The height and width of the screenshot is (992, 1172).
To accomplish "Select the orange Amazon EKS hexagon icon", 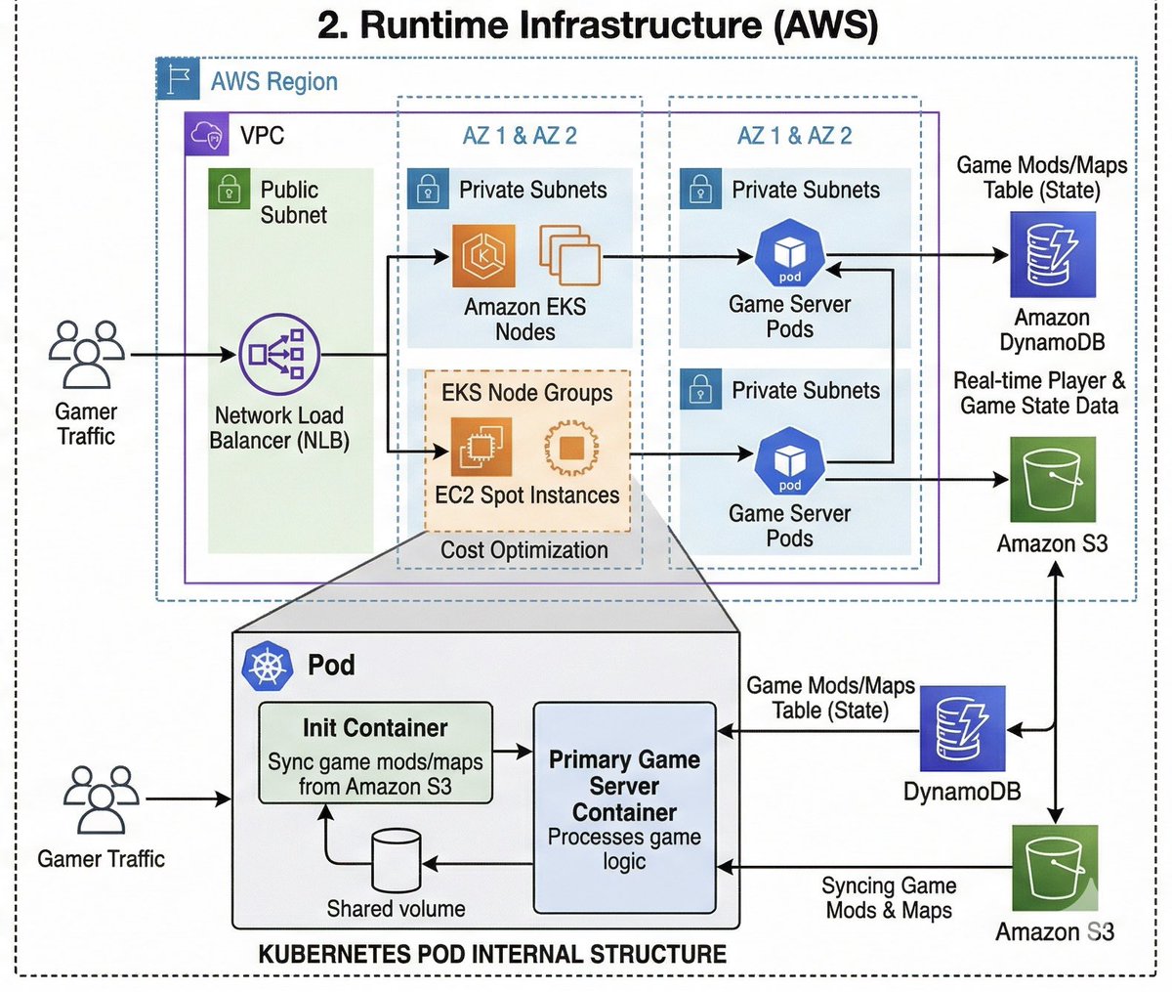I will click(483, 255).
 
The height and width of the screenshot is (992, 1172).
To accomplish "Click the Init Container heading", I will click(375, 728).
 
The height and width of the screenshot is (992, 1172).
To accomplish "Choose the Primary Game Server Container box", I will click(624, 807).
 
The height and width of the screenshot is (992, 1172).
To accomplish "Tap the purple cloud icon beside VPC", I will click(207, 134).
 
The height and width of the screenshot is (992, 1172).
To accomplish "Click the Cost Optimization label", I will click(523, 550).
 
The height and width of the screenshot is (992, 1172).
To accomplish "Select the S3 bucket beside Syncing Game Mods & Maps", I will click(1054, 867).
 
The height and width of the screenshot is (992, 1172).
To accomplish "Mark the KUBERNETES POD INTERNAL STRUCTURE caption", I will click(492, 954).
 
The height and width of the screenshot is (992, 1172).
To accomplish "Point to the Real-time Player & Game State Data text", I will click(1038, 393).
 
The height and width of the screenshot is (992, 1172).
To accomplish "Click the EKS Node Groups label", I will click(527, 393).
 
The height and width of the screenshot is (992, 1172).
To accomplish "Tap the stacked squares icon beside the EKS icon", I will click(569, 255).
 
